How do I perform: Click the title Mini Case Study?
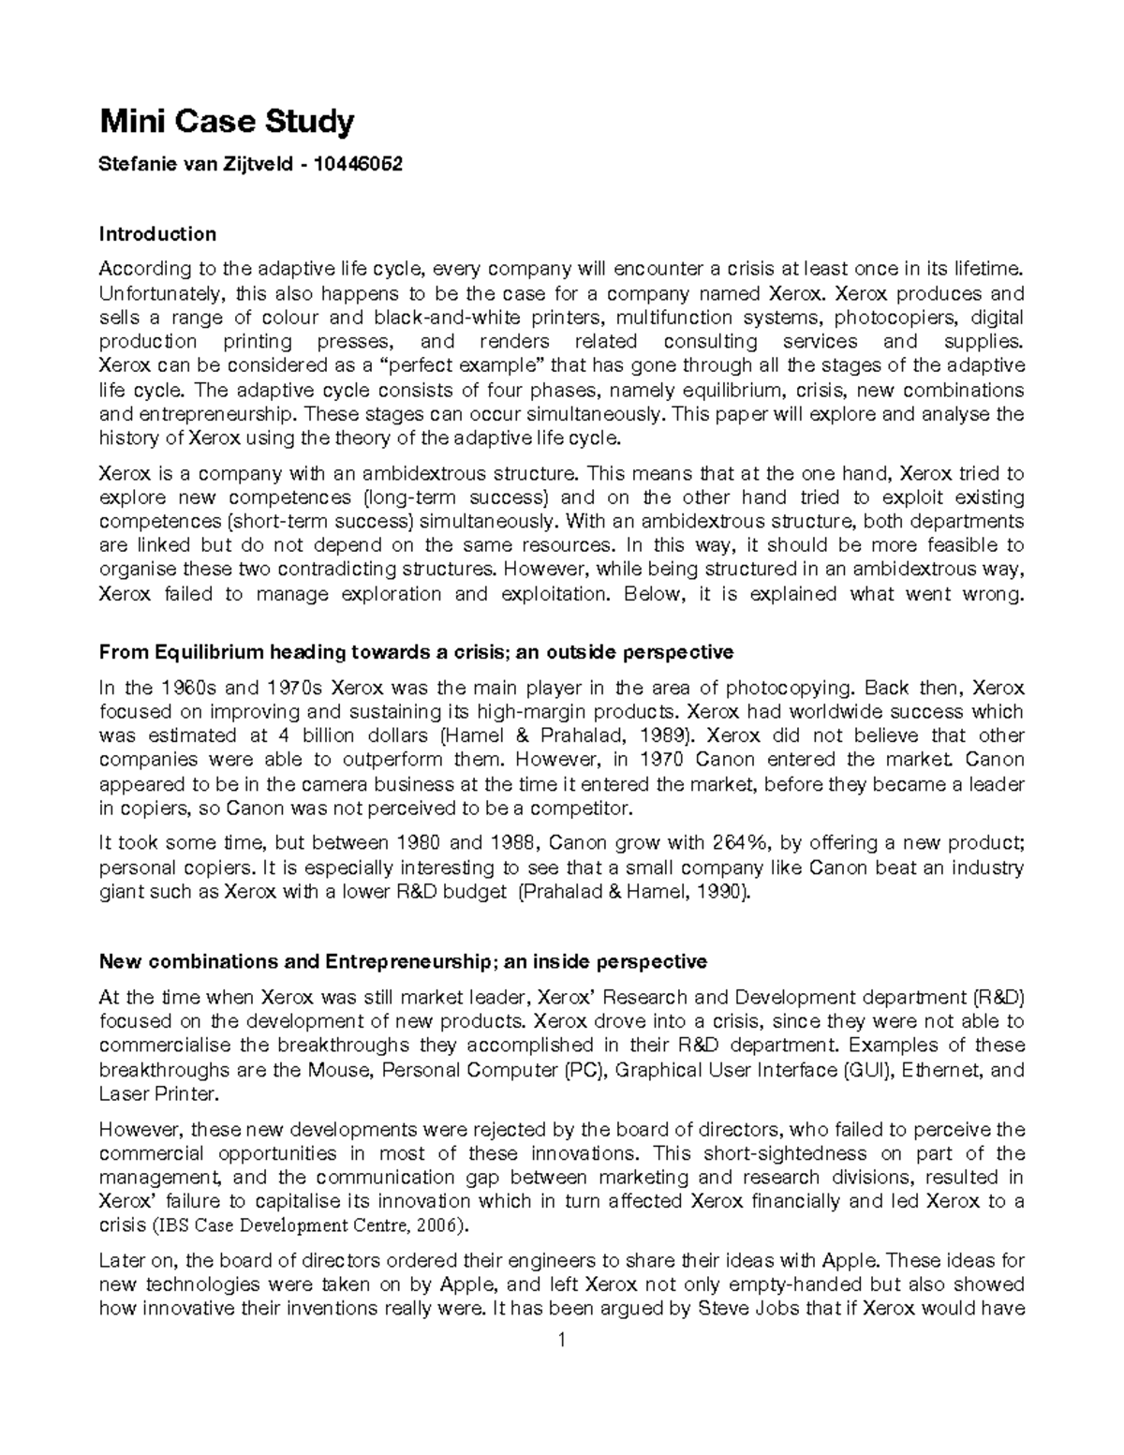point(227,121)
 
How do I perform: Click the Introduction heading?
point(157,233)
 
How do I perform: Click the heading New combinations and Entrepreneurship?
point(403,962)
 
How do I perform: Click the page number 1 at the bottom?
point(561,1341)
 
